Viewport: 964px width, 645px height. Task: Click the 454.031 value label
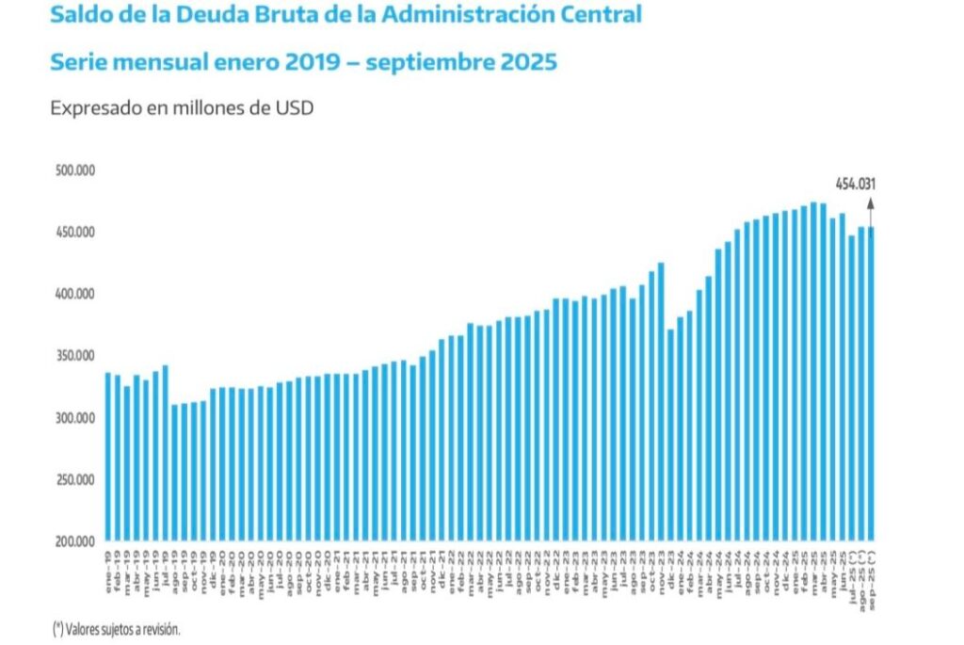[855, 184]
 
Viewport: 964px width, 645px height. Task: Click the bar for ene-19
[107, 458]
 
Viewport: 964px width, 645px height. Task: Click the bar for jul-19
[165, 453]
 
